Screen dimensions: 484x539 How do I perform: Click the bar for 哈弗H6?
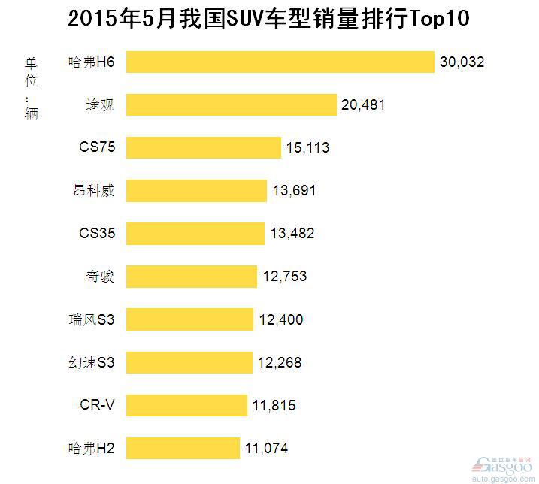click(x=280, y=62)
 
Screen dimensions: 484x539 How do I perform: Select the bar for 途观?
click(x=231, y=104)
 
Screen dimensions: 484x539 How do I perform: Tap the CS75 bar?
click(x=203, y=147)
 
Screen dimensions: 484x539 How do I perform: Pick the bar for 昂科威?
click(x=196, y=191)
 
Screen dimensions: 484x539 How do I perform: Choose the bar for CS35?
click(x=195, y=234)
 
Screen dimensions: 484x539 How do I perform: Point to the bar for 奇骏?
click(x=192, y=277)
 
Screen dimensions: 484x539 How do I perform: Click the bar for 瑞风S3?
click(x=189, y=319)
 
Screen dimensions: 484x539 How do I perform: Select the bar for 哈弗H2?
click(x=183, y=449)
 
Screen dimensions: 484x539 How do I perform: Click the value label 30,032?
click(x=462, y=62)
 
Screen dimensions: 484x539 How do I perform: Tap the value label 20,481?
click(x=363, y=105)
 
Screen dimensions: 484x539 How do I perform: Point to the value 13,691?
click(x=294, y=191)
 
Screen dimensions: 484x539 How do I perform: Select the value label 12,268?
click(x=280, y=363)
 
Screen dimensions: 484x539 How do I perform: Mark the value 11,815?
click(x=274, y=406)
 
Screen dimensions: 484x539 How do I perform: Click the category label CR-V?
click(x=98, y=406)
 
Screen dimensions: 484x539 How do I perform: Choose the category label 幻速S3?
click(x=92, y=363)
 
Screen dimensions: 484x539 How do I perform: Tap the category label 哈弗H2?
click(x=91, y=449)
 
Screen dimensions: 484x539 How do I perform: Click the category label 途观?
click(x=100, y=105)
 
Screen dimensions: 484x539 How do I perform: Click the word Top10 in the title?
click(x=438, y=19)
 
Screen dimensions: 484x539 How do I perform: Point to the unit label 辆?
click(x=31, y=113)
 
